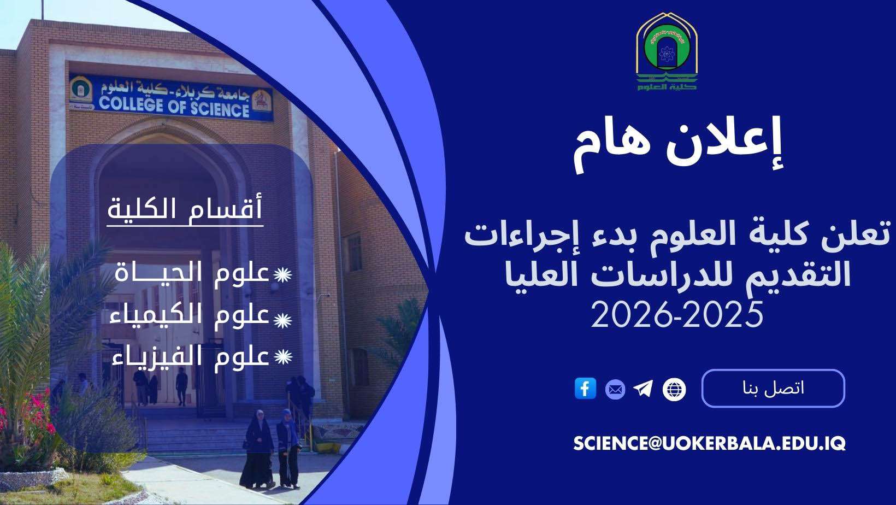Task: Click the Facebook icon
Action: [x=585, y=389]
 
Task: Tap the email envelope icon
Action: [x=615, y=390]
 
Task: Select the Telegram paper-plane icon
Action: [x=644, y=389]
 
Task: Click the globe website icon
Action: [x=674, y=390]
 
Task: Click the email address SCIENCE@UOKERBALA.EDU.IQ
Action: [x=709, y=443]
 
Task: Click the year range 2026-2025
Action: [x=677, y=315]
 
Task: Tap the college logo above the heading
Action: [x=667, y=52]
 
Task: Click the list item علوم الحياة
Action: [x=192, y=273]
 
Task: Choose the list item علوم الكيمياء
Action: [x=190, y=316]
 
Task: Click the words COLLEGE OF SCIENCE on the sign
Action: [x=174, y=105]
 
